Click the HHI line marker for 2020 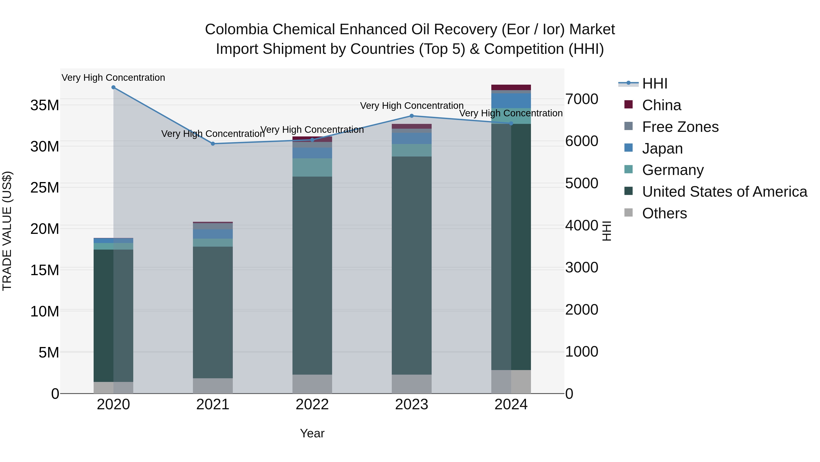[113, 87]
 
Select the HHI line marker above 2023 [412, 116]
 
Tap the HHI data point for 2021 [213, 144]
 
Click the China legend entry [661, 105]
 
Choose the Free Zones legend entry [680, 127]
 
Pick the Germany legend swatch [628, 169]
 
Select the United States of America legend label [725, 192]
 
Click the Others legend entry [664, 213]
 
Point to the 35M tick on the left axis [45, 105]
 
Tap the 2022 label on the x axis [312, 405]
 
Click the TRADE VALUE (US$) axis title [7, 231]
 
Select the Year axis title [312, 433]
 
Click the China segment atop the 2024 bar [511, 87]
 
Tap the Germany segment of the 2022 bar [312, 167]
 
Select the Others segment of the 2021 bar [213, 386]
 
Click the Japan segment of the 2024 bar [511, 101]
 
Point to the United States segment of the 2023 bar [412, 265]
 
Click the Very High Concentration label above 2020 [113, 78]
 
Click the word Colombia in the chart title [236, 29]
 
